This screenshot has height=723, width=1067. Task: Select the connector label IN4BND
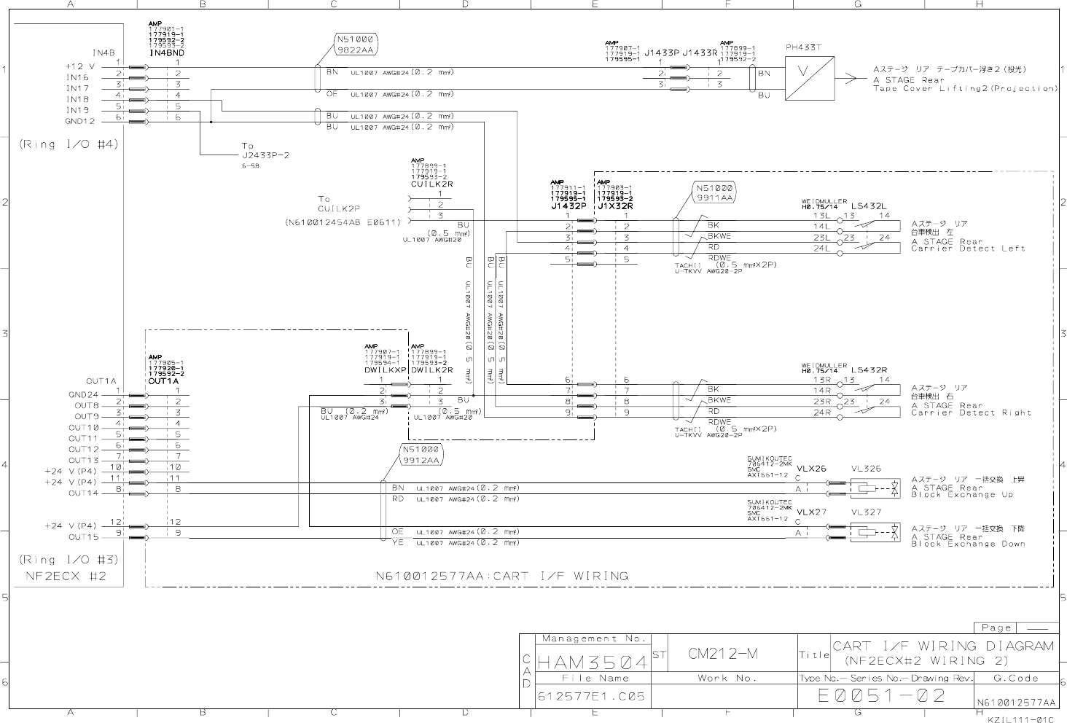point(167,53)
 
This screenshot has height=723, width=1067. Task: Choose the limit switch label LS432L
point(869,206)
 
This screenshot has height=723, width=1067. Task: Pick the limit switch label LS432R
point(869,370)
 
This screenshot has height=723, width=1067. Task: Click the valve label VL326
point(866,469)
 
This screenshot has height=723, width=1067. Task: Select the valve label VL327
point(866,512)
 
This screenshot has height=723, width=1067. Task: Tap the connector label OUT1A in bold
point(163,380)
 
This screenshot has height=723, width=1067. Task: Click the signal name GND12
point(80,121)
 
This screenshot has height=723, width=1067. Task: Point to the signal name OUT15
point(83,537)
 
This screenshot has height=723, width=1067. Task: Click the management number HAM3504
point(593,662)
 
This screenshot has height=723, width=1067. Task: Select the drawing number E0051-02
point(882,695)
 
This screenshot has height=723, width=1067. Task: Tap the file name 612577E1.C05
point(591,696)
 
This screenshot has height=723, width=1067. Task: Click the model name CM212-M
point(723,654)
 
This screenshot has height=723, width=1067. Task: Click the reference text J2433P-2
point(265,155)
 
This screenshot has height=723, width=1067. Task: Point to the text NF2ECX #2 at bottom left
point(63,577)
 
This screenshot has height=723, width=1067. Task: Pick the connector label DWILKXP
point(386,370)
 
